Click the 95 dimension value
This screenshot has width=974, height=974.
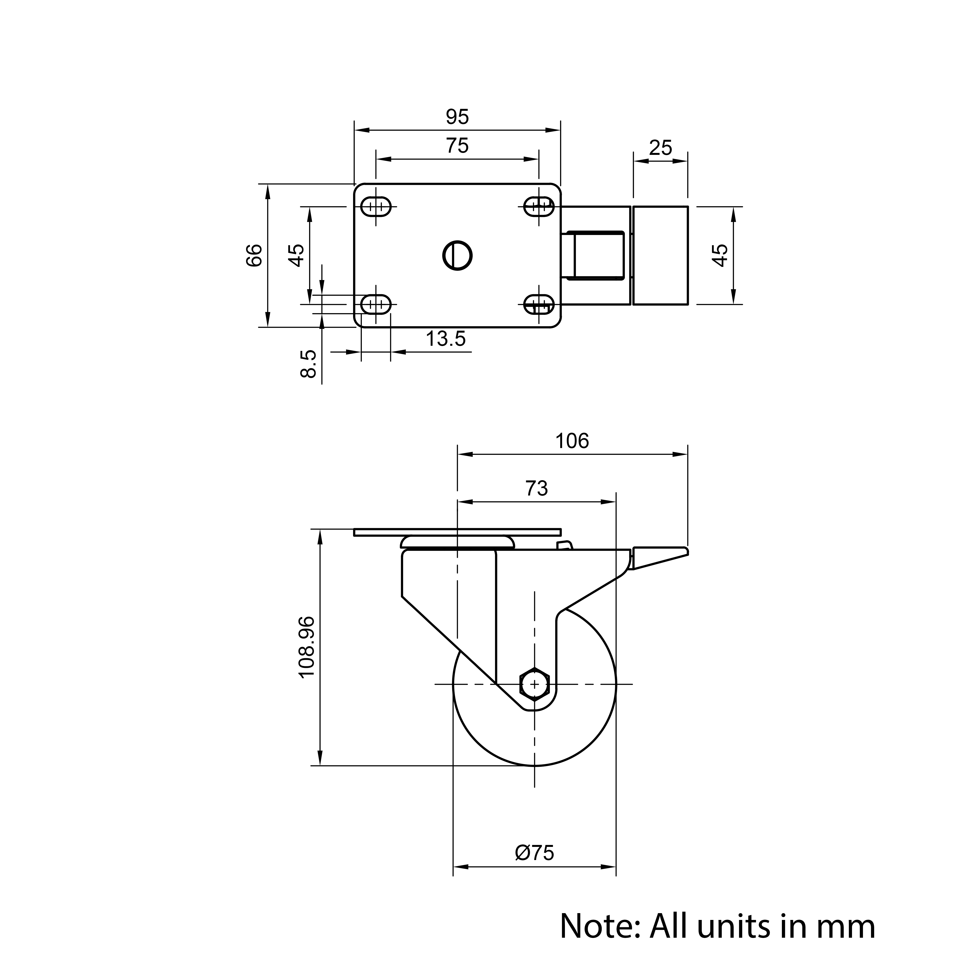click(x=457, y=117)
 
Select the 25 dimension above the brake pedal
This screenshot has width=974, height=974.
click(x=660, y=148)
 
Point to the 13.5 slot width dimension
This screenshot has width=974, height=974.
click(x=446, y=339)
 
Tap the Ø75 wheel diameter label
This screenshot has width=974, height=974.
click(x=534, y=853)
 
